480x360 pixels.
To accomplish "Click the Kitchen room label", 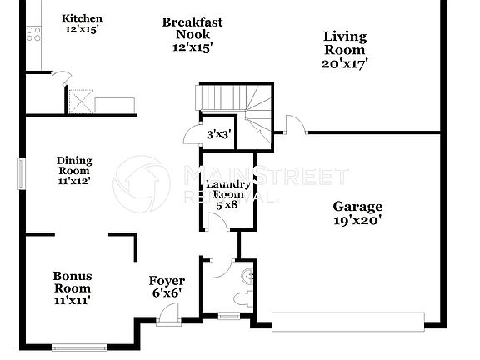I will coord(83,23).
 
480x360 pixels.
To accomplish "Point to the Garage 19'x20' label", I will coord(357,213).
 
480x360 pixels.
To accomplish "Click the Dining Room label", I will coord(74,170).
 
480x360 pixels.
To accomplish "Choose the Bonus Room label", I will coord(72,287).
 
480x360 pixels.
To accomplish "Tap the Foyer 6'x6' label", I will coord(167,287).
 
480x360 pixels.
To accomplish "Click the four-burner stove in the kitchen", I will coord(35,33).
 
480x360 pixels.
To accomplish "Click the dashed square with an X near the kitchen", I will coord(80,101).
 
